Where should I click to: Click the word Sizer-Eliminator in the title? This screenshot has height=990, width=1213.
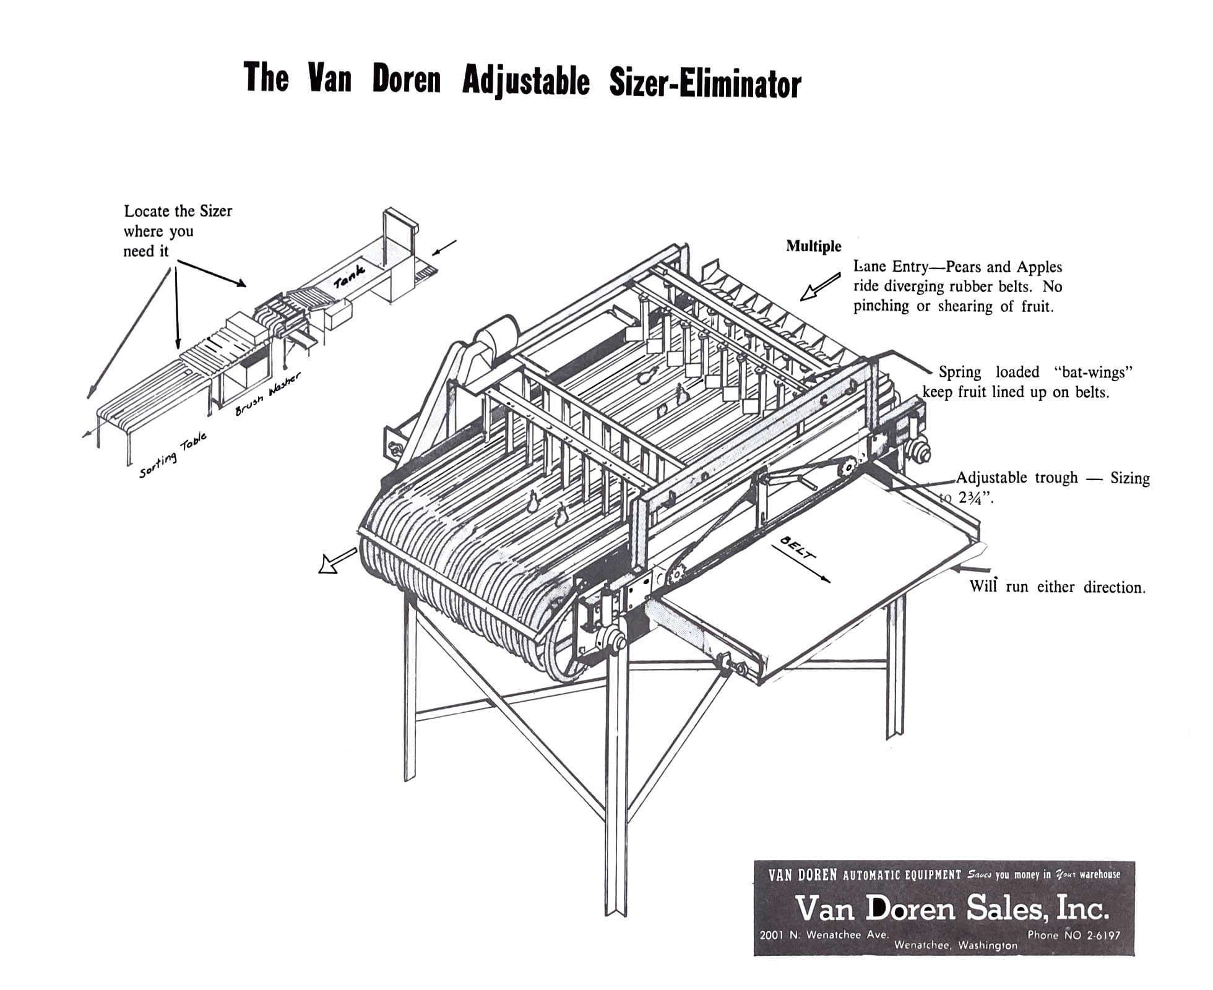pos(705,84)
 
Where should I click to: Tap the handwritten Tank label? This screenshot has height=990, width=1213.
pos(349,276)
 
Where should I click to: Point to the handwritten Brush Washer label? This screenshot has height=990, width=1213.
pos(268,394)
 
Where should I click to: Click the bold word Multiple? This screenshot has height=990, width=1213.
pos(813,246)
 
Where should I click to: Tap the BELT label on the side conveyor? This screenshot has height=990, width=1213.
pos(798,548)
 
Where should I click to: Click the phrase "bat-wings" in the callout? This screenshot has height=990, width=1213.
pos(1093,372)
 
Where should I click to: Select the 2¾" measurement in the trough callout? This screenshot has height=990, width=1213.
pos(975,498)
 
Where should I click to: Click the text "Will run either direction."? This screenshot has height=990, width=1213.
pos(1057,587)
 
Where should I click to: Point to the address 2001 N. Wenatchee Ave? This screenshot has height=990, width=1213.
pos(824,934)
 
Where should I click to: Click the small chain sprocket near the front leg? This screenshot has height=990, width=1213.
pos(676,574)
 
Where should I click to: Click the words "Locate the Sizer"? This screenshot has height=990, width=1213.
pos(178,211)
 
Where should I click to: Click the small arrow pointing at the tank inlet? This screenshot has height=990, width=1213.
pos(444,247)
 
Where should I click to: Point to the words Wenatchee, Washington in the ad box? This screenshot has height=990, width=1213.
pos(956,945)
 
